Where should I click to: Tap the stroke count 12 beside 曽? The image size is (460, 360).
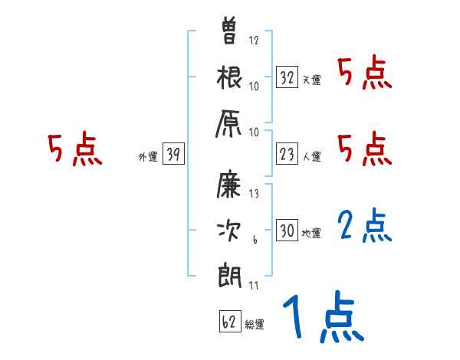pyautogui.click(x=254, y=41)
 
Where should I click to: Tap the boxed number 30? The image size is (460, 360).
pyautogui.click(x=287, y=231)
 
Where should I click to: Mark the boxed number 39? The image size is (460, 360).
pyautogui.click(x=173, y=155)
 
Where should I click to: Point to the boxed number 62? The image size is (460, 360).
pyautogui.click(x=229, y=322)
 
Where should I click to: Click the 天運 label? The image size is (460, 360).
pyautogui.click(x=310, y=80)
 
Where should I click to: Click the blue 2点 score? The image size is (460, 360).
pyautogui.click(x=365, y=226)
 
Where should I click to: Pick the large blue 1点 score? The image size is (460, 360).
pyautogui.click(x=321, y=317)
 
